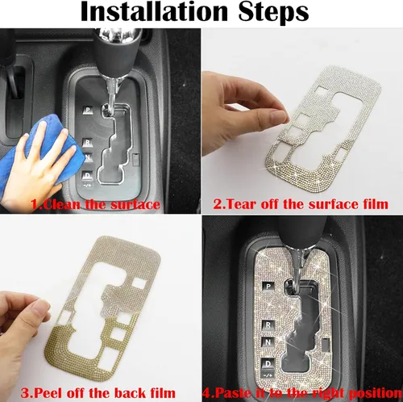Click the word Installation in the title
tap(154, 12)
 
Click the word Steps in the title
tap(274, 13)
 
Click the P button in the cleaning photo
tap(88, 110)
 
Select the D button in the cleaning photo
tap(88, 176)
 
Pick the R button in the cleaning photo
tap(88, 142)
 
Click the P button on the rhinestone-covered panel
tap(268, 287)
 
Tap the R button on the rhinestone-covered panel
tap(268, 325)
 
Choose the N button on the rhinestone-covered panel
tap(268, 342)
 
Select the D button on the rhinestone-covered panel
tap(268, 364)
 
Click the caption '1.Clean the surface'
tap(96, 204)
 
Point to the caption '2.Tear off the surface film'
tap(301, 204)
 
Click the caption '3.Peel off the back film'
tap(98, 393)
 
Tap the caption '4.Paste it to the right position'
tap(302, 393)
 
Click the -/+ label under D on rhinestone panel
tap(268, 375)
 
